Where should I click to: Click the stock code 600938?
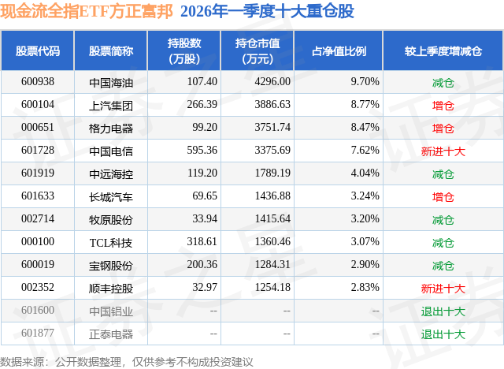point(38,82)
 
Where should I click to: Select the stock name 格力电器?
point(111,129)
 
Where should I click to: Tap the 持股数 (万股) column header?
point(184,50)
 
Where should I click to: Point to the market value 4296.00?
point(272,82)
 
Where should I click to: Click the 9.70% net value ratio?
point(365,82)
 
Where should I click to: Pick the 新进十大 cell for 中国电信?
point(443,151)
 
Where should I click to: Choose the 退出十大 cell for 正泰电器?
point(443,334)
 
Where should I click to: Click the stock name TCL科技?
point(111,243)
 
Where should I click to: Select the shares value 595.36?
point(202,151)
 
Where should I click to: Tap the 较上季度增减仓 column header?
point(443,50)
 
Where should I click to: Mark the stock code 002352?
point(38,287)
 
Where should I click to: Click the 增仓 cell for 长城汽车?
point(443,197)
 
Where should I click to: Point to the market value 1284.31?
point(272,264)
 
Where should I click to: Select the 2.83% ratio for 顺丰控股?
point(365,287)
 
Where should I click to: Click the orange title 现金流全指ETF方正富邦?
point(87,11)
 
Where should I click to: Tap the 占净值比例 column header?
point(339,50)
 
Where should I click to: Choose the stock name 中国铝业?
point(111,311)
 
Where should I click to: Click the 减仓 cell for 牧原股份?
point(443,220)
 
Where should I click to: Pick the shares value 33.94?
point(205,218)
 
